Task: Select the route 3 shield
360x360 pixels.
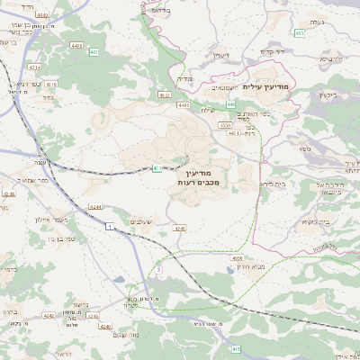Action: point(158,269)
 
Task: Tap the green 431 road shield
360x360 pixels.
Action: point(157,167)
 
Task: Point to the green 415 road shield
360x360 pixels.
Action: point(236,347)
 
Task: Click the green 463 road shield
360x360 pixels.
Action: point(300,33)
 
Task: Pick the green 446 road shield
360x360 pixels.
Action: point(231,104)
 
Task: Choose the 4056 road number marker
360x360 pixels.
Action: point(238,257)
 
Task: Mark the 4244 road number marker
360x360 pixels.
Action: point(95,208)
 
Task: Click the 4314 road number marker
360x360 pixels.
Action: point(34,67)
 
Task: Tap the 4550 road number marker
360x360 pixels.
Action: point(225,125)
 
